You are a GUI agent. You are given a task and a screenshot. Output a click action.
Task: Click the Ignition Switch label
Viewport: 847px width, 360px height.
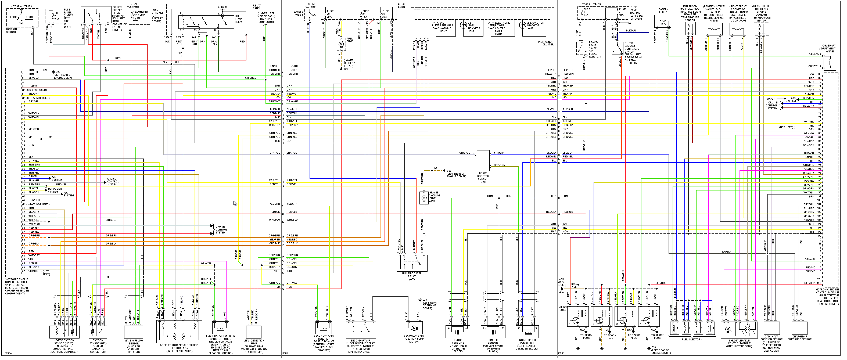tap(11, 31)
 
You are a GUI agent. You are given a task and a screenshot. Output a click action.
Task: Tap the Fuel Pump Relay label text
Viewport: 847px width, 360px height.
tap(238, 19)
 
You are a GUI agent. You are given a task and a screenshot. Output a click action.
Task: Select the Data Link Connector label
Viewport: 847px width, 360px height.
tap(266, 18)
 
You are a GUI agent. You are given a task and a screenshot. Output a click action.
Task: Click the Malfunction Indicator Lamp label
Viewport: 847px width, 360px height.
tap(535, 26)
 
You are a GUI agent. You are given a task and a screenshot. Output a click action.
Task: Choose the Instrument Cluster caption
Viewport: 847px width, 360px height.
tap(545, 43)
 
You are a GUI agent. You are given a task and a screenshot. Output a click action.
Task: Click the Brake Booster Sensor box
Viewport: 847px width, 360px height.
tap(483, 160)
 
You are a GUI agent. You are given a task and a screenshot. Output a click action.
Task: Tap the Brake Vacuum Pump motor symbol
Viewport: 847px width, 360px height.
tap(424, 198)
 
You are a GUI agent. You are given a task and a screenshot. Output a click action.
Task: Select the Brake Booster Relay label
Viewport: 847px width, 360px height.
tap(411, 276)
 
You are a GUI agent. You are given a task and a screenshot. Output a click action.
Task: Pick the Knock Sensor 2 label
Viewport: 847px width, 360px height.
tap(458, 345)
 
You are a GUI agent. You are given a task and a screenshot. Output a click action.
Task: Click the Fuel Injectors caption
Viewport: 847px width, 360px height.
tap(691, 339)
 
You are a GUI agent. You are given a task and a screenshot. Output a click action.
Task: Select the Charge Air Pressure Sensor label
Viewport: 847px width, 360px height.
tap(799, 338)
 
